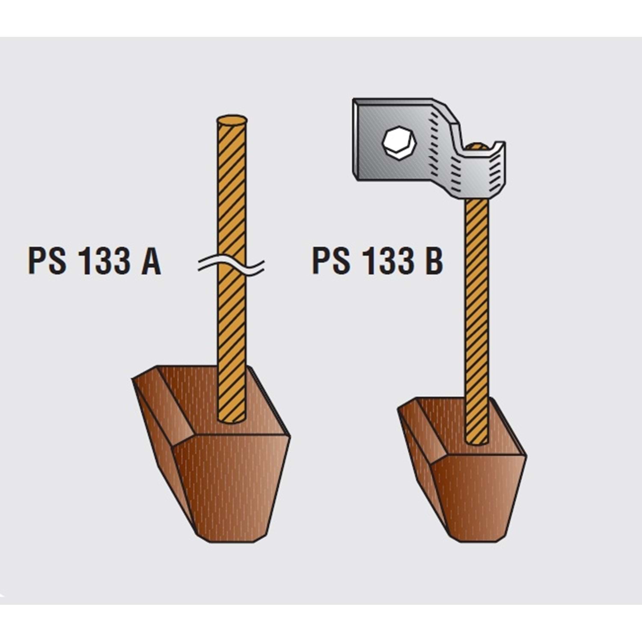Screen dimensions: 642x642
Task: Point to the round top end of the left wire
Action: [x=232, y=120]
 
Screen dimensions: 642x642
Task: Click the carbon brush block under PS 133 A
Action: [x=211, y=454]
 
